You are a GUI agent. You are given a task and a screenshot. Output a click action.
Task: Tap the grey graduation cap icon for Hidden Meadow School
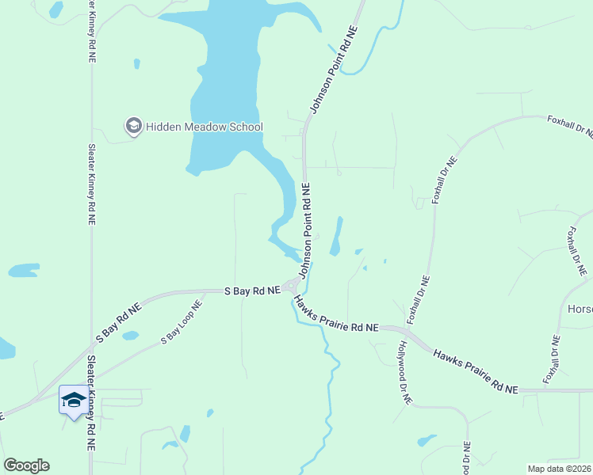pyautogui.click(x=133, y=127)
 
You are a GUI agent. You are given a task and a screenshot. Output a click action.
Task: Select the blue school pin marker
pyautogui.click(x=74, y=401)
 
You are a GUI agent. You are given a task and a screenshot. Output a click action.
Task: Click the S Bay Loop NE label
pyautogui.click(x=182, y=325)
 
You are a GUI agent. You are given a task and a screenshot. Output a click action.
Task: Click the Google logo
pyautogui.click(x=26, y=465)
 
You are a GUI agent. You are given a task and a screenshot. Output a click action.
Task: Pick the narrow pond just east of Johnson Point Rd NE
pyautogui.click(x=336, y=237)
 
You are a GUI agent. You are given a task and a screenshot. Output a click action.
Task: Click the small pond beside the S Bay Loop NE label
pyautogui.click(x=131, y=335)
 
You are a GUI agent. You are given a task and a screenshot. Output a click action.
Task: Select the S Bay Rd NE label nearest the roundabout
pyautogui.click(x=252, y=291)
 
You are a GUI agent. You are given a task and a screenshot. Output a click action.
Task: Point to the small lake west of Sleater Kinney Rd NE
pyautogui.click(x=24, y=270)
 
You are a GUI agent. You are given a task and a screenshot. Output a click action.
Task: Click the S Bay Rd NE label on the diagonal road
pyautogui.click(x=117, y=322)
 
